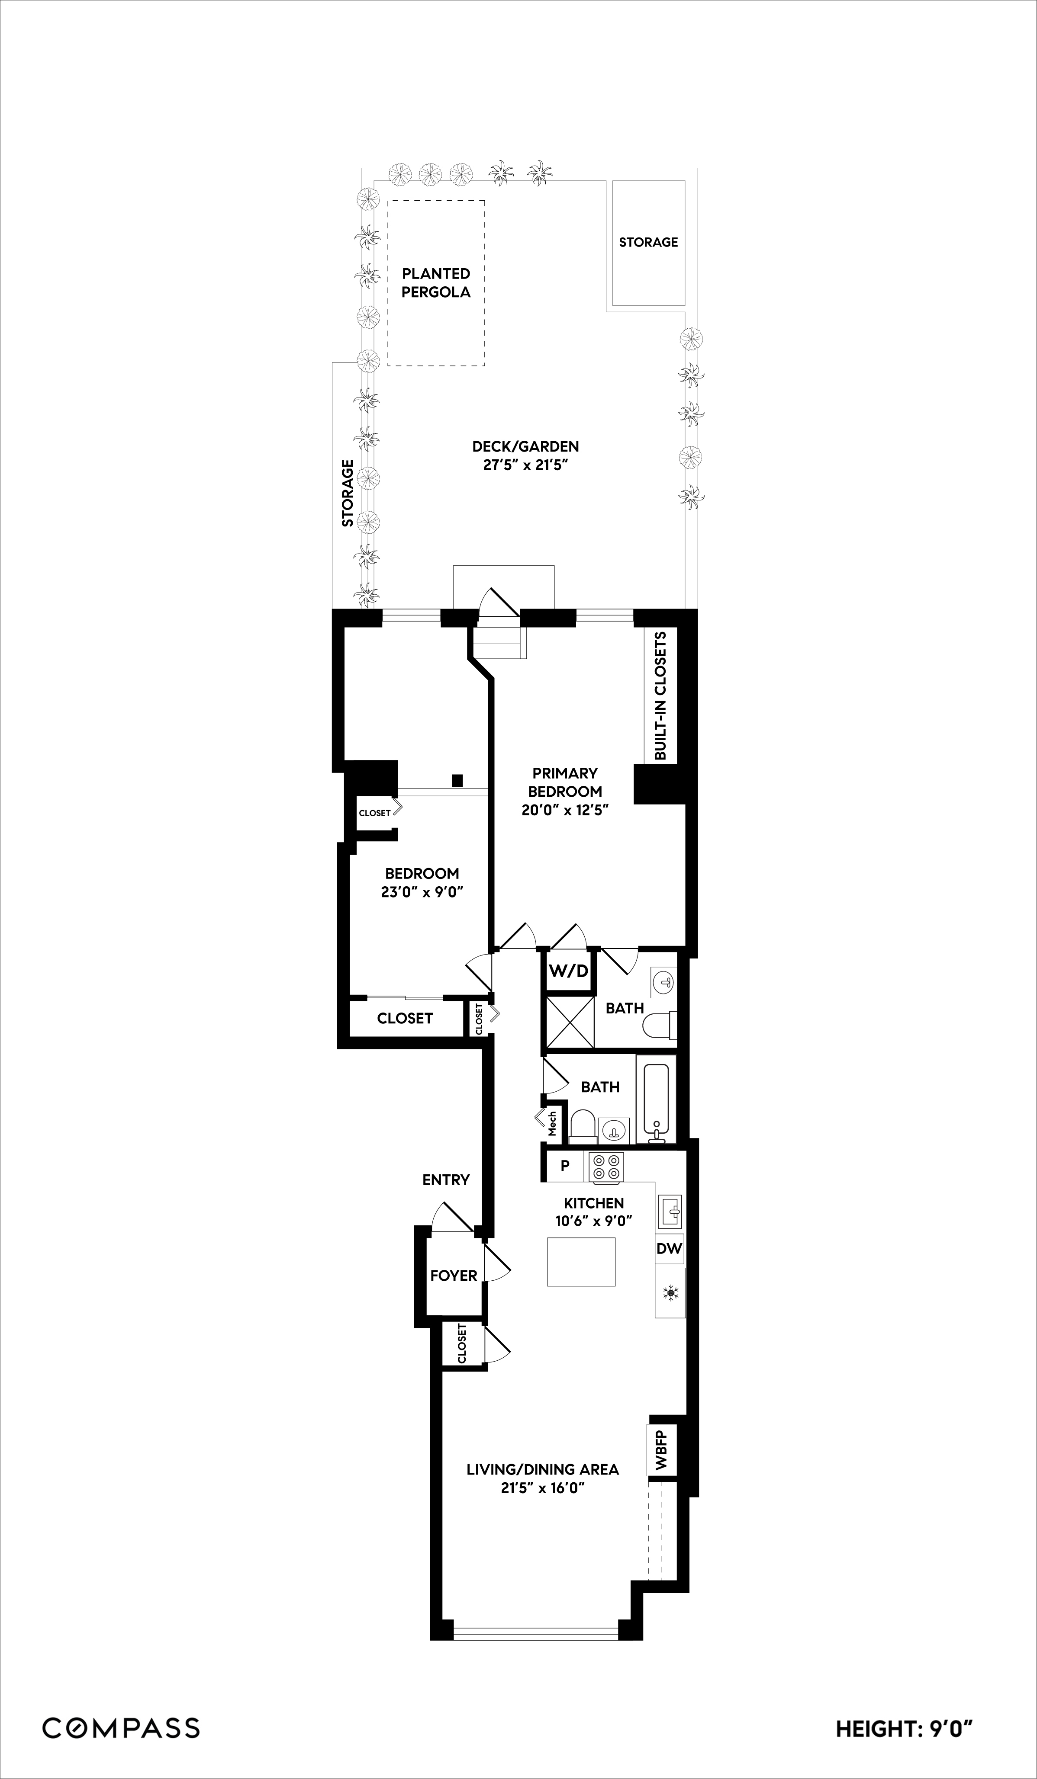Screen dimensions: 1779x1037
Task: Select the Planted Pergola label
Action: tap(436, 282)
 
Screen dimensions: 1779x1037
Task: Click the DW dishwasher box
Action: tap(669, 1248)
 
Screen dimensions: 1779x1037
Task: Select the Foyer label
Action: tap(454, 1275)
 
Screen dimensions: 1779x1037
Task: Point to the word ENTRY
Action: tap(446, 1180)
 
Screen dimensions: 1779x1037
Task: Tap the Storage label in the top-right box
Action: tap(648, 242)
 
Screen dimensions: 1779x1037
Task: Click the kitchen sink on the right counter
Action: tap(670, 1212)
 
